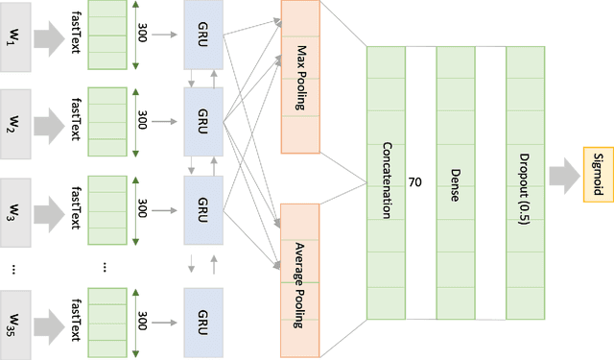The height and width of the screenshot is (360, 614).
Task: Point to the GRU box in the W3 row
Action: coord(201,205)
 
